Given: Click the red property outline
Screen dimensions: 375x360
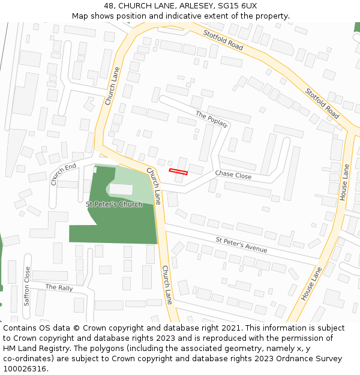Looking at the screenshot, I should click(x=178, y=172).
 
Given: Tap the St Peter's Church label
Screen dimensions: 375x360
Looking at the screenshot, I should click(x=114, y=204).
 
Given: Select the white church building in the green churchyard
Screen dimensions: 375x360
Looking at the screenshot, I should click(x=121, y=189).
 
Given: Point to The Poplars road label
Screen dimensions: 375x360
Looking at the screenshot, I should click(x=211, y=119).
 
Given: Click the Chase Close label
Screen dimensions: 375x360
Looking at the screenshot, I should click(x=233, y=175).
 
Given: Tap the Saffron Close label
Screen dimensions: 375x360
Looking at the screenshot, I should click(x=27, y=286).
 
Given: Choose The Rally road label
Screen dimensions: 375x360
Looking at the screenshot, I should click(x=59, y=287).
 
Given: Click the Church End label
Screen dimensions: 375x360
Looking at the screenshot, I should click(x=64, y=173).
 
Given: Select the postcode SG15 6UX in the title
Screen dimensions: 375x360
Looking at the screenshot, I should click(x=237, y=6).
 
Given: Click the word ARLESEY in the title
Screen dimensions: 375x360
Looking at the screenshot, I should click(x=191, y=6).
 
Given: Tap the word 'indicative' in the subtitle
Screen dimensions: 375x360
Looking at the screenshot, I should click(x=179, y=16).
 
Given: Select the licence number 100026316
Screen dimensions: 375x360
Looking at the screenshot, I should click(x=25, y=369).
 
